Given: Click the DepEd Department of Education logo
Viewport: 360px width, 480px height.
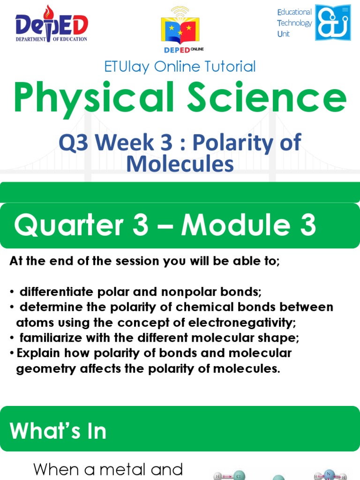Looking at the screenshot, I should (51, 24).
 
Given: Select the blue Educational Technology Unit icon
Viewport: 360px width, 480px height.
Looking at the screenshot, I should (333, 22).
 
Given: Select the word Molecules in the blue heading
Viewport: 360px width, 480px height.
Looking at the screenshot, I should (180, 164).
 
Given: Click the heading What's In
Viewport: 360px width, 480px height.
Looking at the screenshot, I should (59, 431).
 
